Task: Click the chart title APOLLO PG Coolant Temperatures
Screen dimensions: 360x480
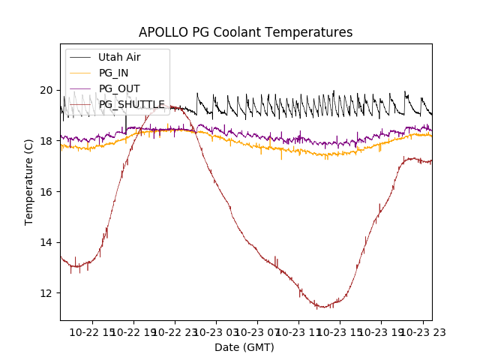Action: tap(245, 33)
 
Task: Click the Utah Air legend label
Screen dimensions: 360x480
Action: tap(119, 57)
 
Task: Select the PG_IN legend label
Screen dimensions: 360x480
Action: tap(113, 73)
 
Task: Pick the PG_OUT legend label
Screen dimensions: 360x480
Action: tap(117, 88)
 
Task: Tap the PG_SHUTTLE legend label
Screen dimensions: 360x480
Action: tap(131, 104)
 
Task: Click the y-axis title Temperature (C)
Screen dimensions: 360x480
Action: tap(29, 181)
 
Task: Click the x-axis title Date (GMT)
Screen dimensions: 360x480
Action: tap(244, 347)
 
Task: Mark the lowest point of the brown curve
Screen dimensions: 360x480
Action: tap(322, 307)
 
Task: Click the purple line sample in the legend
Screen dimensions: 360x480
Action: tap(80, 88)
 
